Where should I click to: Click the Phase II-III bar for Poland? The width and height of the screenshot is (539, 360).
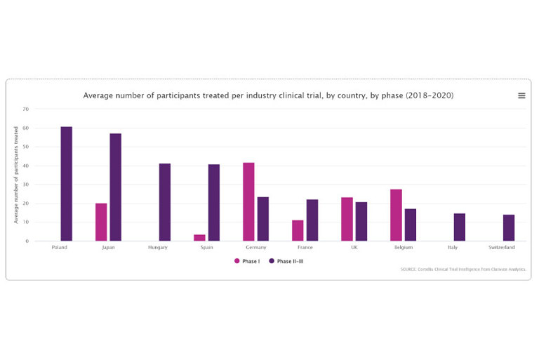pos(66,184)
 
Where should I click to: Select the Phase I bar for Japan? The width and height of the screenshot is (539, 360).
pos(101,222)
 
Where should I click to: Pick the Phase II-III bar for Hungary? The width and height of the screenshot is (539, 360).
pos(164,202)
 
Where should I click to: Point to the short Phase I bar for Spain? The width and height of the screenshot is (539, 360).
pos(199,237)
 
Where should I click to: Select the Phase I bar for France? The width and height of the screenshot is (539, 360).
pos(298,230)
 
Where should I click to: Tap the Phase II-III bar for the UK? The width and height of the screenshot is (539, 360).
pos(361,221)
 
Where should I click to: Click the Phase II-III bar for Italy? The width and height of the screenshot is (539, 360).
pos(459,227)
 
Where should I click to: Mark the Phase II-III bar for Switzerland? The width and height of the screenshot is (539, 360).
pos(508,227)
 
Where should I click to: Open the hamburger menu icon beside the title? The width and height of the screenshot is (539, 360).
pos(521,95)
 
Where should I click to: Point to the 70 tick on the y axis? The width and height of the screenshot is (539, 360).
pos(26,109)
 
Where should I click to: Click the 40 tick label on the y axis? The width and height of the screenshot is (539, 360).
pos(26,166)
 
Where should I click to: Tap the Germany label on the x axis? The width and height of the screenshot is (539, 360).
pos(255,248)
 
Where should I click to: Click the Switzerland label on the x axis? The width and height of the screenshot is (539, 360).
pos(502,248)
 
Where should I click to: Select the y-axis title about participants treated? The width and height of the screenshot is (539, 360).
pos(15,175)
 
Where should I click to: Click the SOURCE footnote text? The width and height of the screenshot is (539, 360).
pos(463,269)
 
